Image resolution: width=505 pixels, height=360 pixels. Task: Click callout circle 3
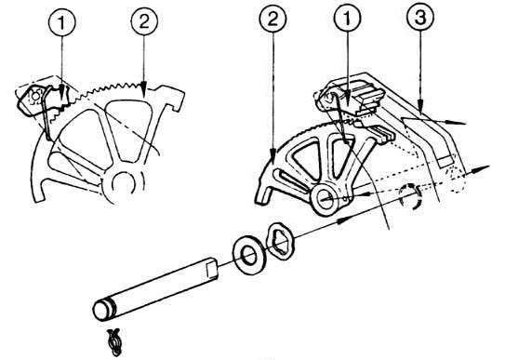tap(420, 18)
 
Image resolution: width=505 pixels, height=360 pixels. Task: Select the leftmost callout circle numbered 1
tap(61, 22)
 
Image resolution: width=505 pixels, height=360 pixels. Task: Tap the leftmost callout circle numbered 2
tap(144, 21)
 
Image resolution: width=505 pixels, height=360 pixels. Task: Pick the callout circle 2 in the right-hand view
tap(272, 20)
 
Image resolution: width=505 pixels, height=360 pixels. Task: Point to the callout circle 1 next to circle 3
tap(347, 19)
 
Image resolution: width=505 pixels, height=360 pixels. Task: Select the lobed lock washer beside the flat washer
tap(279, 240)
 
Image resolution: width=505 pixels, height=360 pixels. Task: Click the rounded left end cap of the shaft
tap(101, 310)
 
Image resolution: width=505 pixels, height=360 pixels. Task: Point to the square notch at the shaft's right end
tap(212, 270)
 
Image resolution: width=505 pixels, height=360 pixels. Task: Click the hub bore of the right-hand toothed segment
tap(326, 198)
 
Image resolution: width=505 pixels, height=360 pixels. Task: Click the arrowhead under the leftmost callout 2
tap(143, 89)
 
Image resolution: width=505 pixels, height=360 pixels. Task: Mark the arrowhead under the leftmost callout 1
tap(61, 92)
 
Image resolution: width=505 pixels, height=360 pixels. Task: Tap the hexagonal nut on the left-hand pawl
tap(34, 96)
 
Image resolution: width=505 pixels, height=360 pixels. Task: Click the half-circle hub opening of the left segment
tap(123, 182)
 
